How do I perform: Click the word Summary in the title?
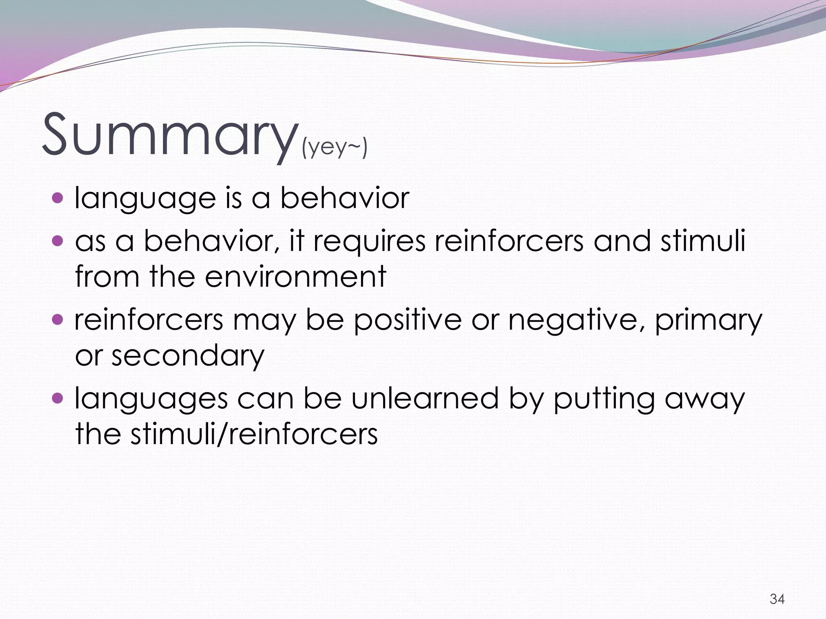click(x=169, y=135)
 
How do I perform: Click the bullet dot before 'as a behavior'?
click(x=58, y=241)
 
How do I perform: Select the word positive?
click(x=407, y=320)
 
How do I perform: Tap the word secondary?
click(x=188, y=356)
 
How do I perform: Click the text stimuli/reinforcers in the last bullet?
click(x=254, y=434)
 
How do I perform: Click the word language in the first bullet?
click(x=145, y=199)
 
